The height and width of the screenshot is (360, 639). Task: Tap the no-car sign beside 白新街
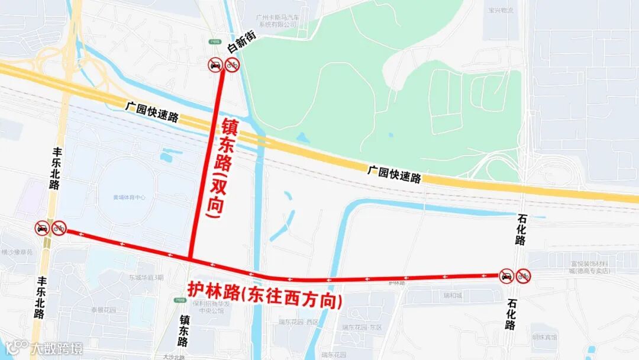215,65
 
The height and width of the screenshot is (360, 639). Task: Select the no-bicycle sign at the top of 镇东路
232,65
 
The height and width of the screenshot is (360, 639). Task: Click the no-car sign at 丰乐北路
42,228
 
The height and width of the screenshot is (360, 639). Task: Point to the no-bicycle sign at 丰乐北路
59,228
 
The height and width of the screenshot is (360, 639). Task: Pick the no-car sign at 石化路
506,276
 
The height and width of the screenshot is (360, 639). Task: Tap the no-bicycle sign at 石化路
524,276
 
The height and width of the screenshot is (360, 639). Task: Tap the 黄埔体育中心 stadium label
129,197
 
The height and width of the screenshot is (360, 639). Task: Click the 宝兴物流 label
501,11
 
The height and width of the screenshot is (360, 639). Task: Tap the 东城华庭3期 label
146,277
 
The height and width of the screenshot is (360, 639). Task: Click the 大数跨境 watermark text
57,348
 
